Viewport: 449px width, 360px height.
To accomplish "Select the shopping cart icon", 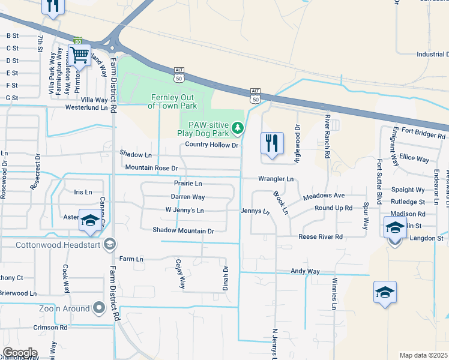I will [79, 56].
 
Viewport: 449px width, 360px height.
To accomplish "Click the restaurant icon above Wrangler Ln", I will [272, 143].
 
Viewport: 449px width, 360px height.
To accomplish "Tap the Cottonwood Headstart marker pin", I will [109, 243].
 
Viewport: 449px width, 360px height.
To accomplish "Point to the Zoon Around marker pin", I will [99, 308].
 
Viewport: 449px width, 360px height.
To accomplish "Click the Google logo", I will [20, 353].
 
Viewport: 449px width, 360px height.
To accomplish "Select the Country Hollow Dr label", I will [212, 145].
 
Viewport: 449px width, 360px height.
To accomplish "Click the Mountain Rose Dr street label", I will [151, 168].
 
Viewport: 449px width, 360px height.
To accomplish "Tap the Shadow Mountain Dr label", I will [183, 230].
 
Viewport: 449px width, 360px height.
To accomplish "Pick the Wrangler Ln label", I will [276, 179].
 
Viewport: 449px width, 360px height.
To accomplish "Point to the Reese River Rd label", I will [321, 237].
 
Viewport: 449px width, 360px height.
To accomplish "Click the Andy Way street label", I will [305, 271].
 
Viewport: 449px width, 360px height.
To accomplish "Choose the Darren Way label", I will [188, 197].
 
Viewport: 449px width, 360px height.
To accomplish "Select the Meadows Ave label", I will [324, 196].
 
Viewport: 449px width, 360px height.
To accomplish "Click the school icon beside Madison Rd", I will [394, 229].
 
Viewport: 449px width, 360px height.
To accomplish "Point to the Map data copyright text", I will [423, 355].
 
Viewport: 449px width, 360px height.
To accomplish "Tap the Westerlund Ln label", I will [89, 109].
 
